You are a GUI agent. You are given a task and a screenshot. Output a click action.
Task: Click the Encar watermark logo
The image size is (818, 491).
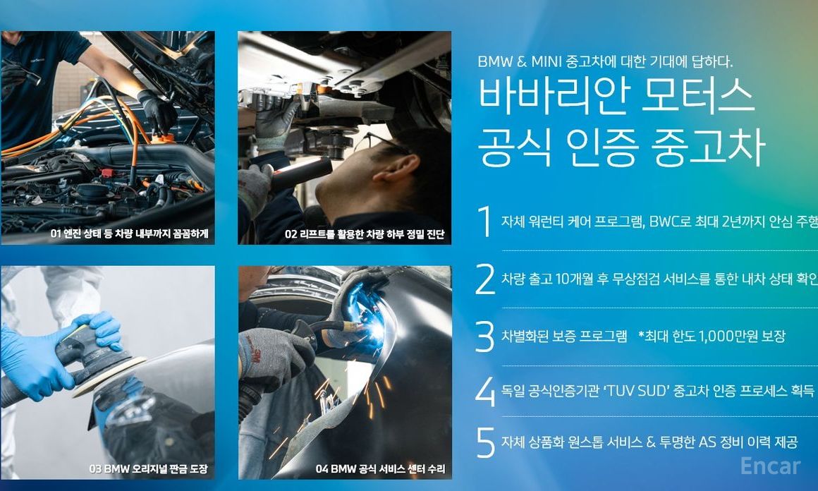click(770, 466)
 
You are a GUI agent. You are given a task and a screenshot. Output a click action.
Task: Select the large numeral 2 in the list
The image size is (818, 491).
click(485, 279)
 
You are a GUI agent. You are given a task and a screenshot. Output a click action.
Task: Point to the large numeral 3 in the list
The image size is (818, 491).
click(485, 337)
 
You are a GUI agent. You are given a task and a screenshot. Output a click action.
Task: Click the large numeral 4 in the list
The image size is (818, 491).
click(485, 392)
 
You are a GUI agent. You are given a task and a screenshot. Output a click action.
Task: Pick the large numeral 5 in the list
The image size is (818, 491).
click(485, 443)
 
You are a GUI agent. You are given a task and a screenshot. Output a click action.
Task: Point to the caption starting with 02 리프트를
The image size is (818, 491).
click(365, 234)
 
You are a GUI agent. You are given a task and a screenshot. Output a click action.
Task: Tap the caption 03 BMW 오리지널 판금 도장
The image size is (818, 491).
click(148, 468)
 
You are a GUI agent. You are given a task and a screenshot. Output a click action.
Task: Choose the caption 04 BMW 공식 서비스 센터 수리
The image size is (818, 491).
click(380, 468)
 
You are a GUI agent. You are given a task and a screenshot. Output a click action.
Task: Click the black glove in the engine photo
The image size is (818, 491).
click(157, 111)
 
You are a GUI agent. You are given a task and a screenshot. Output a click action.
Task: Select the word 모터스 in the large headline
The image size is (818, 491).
click(697, 95)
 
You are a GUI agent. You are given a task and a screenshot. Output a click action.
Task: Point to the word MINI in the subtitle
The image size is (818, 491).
click(547, 61)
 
